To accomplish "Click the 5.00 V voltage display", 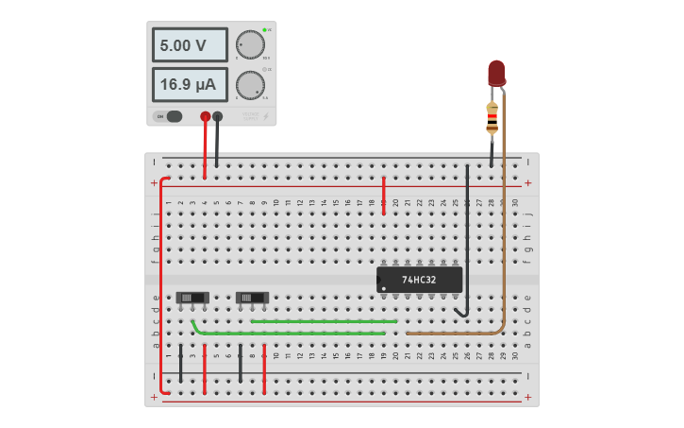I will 190,44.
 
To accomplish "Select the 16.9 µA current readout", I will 190,84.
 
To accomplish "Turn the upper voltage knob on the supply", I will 250,44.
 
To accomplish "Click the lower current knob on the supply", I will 250,85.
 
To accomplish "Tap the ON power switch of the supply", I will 173,116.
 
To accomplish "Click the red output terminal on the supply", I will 206,116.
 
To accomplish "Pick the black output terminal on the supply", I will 218,116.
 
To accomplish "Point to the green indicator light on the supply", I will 264,30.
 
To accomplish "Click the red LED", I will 496,73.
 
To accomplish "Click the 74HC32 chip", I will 420,280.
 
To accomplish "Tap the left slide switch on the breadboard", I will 192,298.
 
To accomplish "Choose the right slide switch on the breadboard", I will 252,298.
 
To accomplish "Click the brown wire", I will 503,236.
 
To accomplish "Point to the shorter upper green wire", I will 321,321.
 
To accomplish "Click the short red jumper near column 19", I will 383,194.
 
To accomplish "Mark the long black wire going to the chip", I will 467,236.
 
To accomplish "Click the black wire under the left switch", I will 181,364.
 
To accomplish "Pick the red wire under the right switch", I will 264,368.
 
